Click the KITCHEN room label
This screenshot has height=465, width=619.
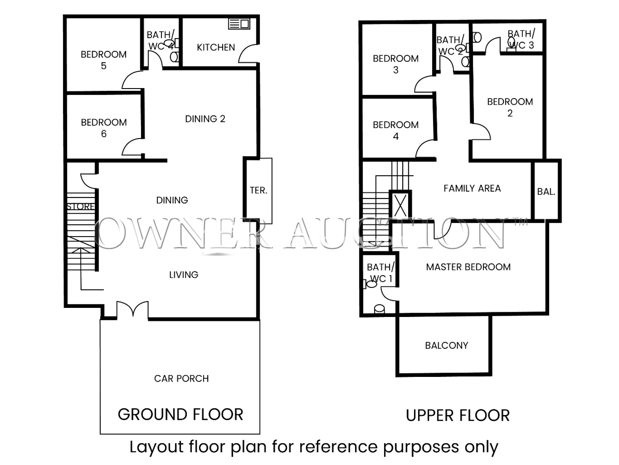pyautogui.click(x=216, y=48)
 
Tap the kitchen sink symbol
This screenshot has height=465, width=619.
pyautogui.click(x=239, y=24)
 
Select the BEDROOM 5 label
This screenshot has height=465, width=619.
pyautogui.click(x=104, y=60)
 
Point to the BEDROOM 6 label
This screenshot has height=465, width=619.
pyautogui.click(x=104, y=128)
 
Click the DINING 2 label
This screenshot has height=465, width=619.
pyautogui.click(x=205, y=119)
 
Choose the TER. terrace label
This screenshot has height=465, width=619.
pyautogui.click(x=258, y=190)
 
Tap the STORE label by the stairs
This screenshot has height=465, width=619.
pyautogui.click(x=81, y=206)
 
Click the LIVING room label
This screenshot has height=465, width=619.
pyautogui.click(x=184, y=275)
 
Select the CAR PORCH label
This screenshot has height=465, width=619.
pyautogui.click(x=181, y=378)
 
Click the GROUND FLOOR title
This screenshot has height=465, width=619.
pyautogui.click(x=180, y=414)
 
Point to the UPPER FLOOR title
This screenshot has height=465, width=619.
pyautogui.click(x=458, y=415)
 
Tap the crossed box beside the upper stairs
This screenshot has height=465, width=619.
pyautogui.click(x=400, y=205)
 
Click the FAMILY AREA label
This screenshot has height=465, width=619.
pyautogui.click(x=472, y=188)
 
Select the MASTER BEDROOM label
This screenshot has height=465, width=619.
pyautogui.click(x=468, y=267)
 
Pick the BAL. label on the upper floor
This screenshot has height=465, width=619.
pyautogui.click(x=546, y=192)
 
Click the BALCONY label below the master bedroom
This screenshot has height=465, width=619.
pyautogui.click(x=446, y=345)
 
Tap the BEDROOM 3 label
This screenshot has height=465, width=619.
pyautogui.click(x=396, y=64)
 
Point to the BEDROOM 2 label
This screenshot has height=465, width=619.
pyautogui.click(x=510, y=107)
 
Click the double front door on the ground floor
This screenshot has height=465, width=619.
pyautogui.click(x=132, y=309)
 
